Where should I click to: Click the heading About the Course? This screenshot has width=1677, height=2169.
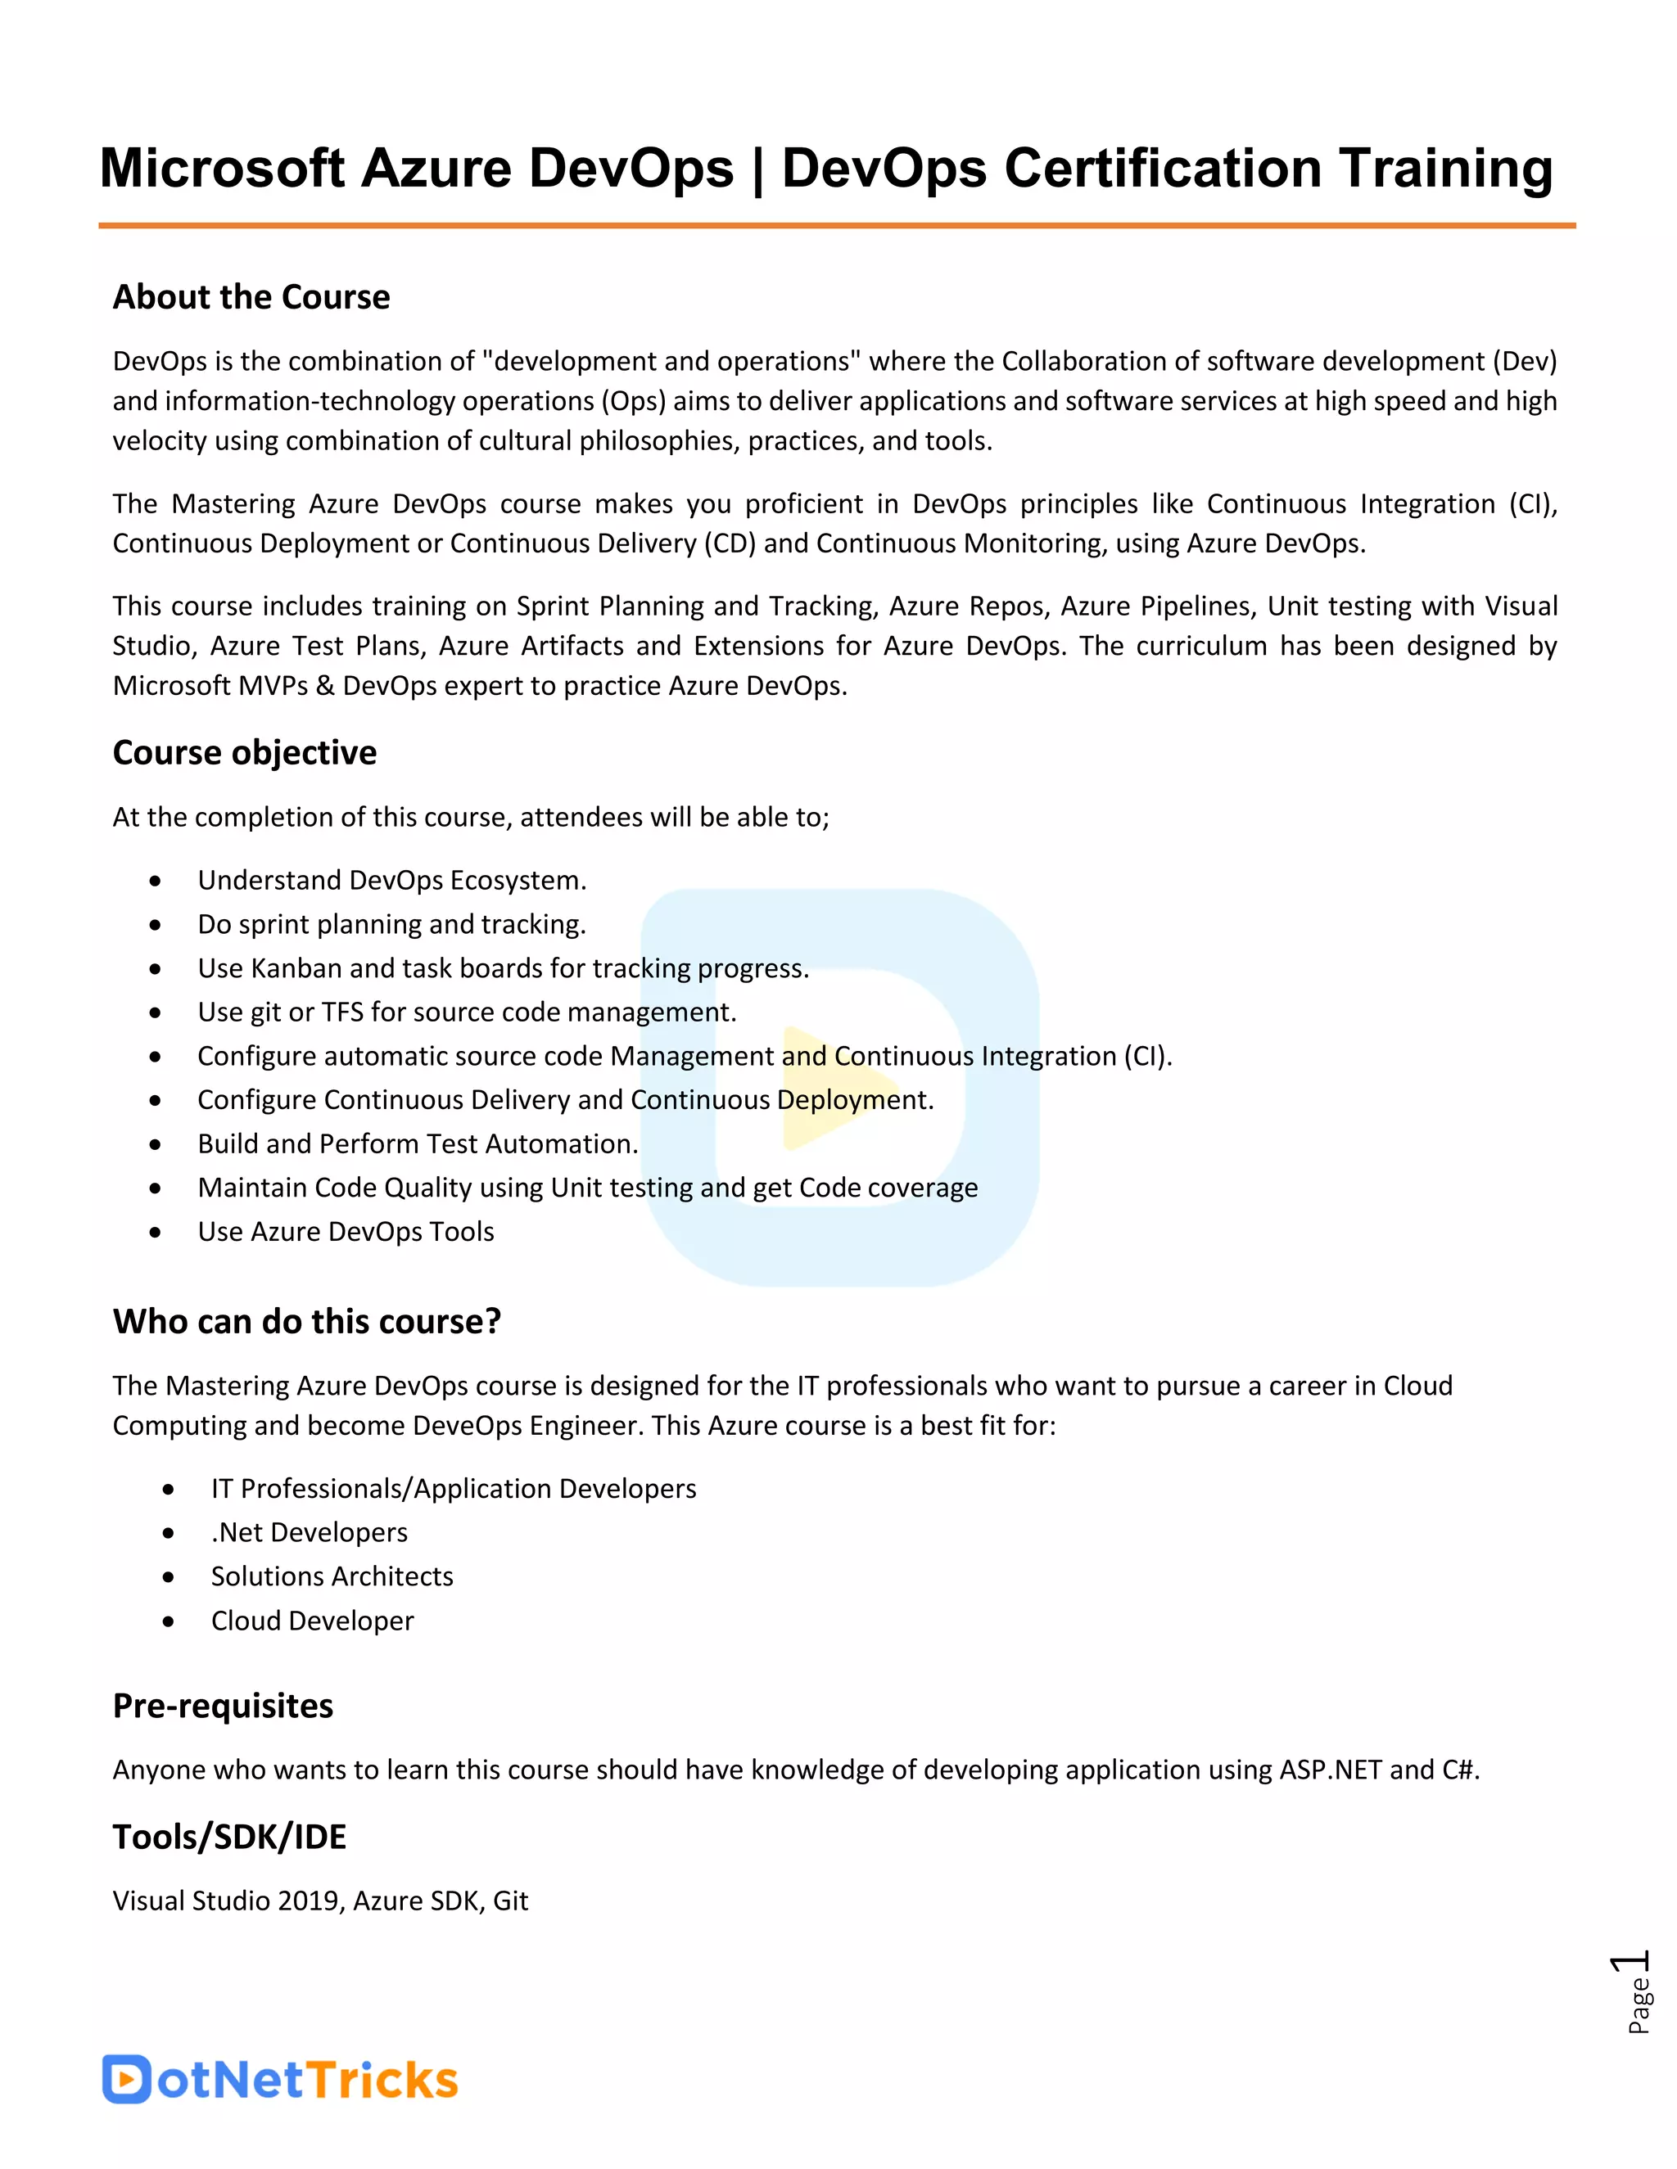click(251, 297)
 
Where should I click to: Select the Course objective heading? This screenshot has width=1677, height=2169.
click(244, 753)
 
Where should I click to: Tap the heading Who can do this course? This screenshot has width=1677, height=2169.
click(306, 1322)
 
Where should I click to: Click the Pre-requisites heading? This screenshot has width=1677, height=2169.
click(223, 1707)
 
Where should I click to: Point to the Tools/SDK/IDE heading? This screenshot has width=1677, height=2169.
click(229, 1838)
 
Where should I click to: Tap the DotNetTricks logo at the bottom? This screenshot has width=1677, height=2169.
click(279, 2080)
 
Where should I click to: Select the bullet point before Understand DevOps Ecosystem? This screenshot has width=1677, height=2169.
click(155, 881)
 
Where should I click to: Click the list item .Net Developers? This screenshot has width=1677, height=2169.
click(309, 1532)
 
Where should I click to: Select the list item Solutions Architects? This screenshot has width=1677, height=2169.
click(332, 1576)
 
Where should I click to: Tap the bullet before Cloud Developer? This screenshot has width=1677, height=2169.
click(169, 1621)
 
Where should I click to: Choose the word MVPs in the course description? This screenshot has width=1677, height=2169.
click(270, 686)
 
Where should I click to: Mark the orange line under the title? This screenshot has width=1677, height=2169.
click(837, 225)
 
